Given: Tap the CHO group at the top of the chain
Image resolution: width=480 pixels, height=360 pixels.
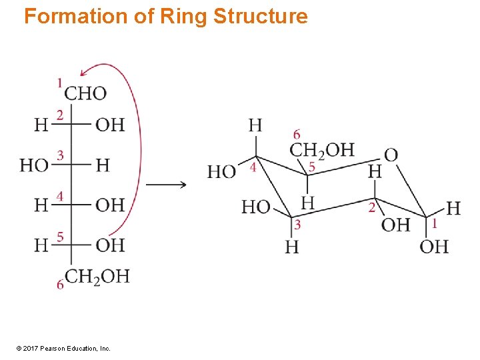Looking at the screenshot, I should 86,93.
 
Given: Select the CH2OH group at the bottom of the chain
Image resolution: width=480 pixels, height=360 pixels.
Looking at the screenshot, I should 97,276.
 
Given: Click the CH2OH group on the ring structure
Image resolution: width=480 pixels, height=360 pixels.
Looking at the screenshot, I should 322,150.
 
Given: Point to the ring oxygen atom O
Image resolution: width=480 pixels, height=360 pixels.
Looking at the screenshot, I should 391,155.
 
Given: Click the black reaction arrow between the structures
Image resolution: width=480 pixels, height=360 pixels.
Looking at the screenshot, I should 166,185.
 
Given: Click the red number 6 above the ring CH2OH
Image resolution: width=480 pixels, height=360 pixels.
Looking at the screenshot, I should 297,135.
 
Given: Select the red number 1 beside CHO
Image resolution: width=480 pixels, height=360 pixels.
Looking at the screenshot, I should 59,83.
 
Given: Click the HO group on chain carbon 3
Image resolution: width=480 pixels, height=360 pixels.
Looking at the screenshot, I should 34,165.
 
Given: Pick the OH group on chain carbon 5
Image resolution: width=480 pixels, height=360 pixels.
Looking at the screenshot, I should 110,245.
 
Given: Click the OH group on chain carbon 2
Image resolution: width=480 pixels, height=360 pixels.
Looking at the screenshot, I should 110,125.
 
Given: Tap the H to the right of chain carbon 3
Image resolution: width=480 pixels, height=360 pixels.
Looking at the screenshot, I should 103,165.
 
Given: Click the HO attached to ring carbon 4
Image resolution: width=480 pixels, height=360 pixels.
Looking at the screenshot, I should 222,171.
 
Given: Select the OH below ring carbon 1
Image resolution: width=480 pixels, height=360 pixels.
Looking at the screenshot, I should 434,247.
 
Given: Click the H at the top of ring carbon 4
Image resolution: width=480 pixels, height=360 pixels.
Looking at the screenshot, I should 255,125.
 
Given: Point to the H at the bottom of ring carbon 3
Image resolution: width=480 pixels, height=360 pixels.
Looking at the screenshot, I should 292,247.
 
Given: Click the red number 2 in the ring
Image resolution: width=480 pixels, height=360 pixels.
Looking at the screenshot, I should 371,208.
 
